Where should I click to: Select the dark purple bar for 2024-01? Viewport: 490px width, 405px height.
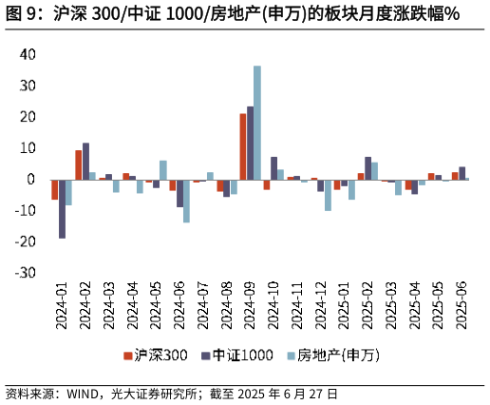[x=62, y=208]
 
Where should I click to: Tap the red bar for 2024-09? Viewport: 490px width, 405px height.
[x=243, y=146]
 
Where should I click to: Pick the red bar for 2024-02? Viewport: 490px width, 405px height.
[x=79, y=164]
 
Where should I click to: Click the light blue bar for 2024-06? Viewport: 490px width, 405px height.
[x=187, y=201]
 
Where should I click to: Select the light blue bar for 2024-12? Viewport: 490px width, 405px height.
[x=328, y=195]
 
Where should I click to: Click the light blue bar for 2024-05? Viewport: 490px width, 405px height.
[x=163, y=170]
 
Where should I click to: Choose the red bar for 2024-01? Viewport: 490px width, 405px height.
[x=55, y=189]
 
